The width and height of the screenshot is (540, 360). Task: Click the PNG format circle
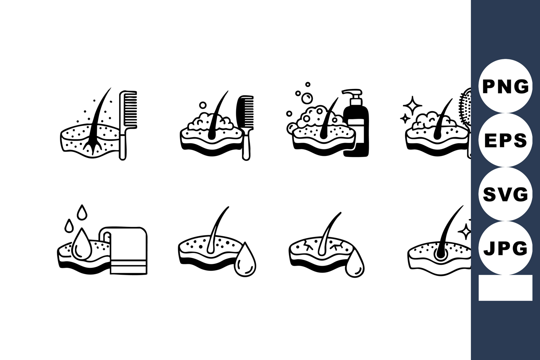point(505,86)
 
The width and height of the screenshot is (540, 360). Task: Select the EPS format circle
point(505,140)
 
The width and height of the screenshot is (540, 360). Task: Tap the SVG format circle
point(505,194)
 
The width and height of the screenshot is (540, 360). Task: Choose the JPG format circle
point(505,248)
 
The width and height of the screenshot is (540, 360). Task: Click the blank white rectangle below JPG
point(505,288)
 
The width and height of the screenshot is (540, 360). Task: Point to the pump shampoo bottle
point(356,123)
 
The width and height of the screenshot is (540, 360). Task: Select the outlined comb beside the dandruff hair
point(127,125)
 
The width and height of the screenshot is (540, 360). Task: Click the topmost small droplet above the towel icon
point(82,212)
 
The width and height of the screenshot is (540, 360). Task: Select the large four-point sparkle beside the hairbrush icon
point(413,105)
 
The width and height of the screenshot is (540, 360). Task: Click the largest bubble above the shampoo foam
point(307,99)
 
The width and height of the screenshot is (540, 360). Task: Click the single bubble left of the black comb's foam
point(203,105)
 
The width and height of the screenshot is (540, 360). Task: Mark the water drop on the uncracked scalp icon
point(245,260)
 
